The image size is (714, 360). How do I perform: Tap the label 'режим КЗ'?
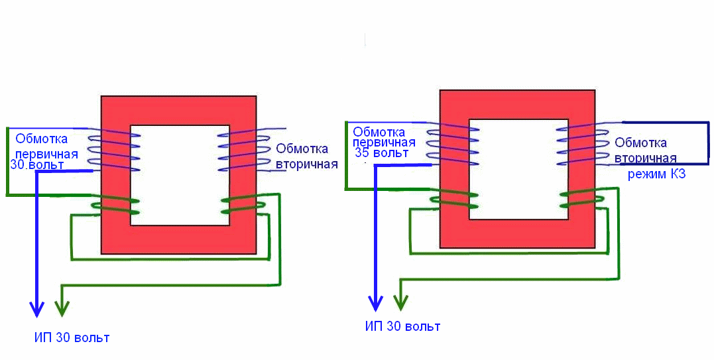point(656,175)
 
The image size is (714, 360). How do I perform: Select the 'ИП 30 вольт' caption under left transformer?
point(72,337)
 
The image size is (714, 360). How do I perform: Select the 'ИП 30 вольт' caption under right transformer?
point(402,327)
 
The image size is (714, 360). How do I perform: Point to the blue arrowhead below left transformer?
point(37,308)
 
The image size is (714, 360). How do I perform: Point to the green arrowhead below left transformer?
point(62,308)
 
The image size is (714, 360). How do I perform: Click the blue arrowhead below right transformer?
point(376,304)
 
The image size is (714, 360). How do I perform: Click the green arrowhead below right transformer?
point(400,303)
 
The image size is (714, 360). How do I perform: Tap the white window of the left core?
point(180,175)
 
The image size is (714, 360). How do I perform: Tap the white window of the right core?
point(518,169)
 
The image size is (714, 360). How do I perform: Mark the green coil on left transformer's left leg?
point(116,206)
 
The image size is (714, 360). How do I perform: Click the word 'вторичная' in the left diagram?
point(307,164)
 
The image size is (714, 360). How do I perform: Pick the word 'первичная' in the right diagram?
point(384,142)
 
